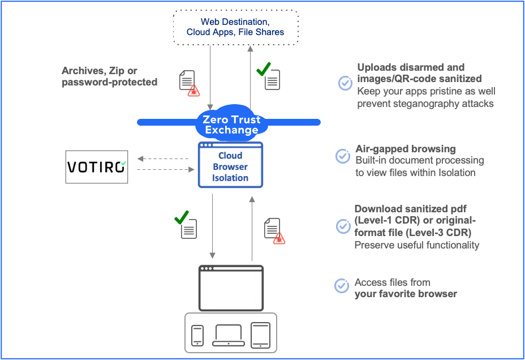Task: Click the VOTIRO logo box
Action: [97, 166]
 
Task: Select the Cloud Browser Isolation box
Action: [230, 165]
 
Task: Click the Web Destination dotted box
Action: [235, 27]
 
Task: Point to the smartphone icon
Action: [197, 335]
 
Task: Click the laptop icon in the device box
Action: [229, 335]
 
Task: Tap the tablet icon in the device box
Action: [260, 335]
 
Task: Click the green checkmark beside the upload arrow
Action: [263, 69]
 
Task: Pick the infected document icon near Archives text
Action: [188, 82]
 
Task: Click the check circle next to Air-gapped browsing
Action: [343, 156]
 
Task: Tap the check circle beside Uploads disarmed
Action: [345, 83]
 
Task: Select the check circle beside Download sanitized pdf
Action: [343, 226]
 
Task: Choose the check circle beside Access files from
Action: [342, 286]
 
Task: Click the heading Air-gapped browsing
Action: [406, 149]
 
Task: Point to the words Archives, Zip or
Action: [100, 71]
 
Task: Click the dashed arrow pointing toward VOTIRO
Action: [163, 159]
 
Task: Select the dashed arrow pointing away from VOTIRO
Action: [163, 169]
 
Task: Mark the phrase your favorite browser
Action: [406, 294]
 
